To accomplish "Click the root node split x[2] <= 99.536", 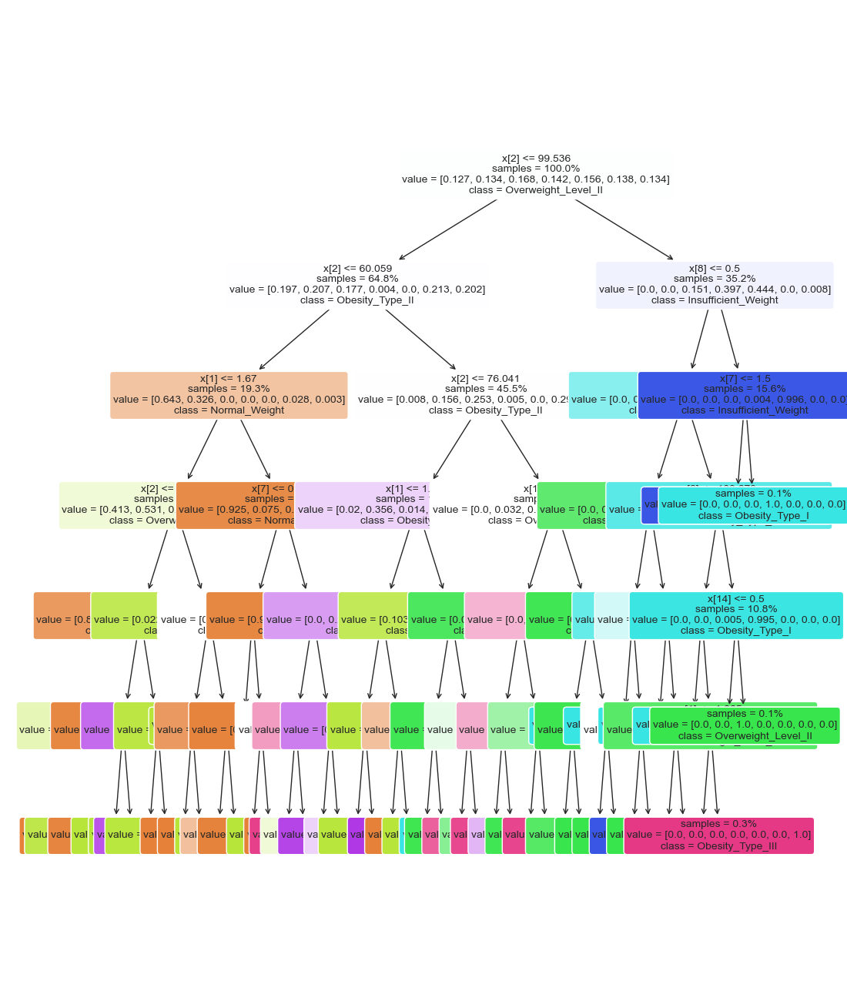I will tap(536, 159).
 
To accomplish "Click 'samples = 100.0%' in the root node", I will tap(536, 169).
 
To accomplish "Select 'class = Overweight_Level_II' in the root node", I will tap(536, 190).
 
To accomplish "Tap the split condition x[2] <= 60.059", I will tap(357, 269).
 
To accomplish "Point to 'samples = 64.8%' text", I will tap(357, 279).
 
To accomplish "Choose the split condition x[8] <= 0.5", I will tap(714, 269).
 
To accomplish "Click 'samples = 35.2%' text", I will tap(714, 279).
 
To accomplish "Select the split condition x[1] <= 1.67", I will tap(228, 379).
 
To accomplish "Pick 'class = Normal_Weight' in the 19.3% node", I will tap(229, 410).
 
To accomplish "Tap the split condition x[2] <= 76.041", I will tap(485, 379).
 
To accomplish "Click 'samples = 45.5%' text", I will tap(485, 389).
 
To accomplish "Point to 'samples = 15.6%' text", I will tap(745, 389).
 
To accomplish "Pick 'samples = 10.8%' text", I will tap(736, 609).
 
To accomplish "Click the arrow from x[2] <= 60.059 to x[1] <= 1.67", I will tap(294, 340).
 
